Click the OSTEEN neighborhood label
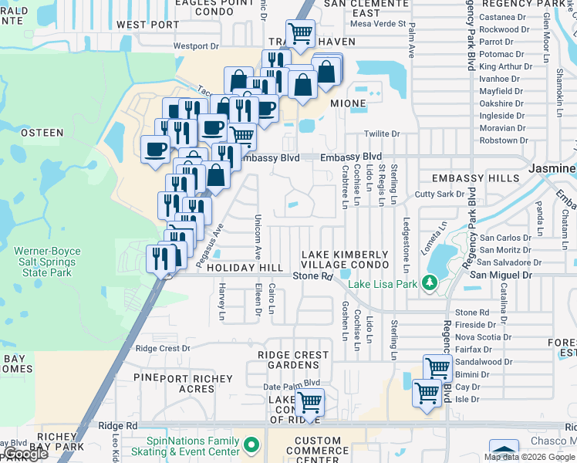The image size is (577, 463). [42, 133]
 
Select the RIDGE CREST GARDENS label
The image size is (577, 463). [293, 360]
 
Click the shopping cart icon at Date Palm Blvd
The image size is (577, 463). [309, 402]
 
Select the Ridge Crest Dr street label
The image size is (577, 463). [163, 348]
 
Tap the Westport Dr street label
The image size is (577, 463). [196, 46]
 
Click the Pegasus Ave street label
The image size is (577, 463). [208, 246]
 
